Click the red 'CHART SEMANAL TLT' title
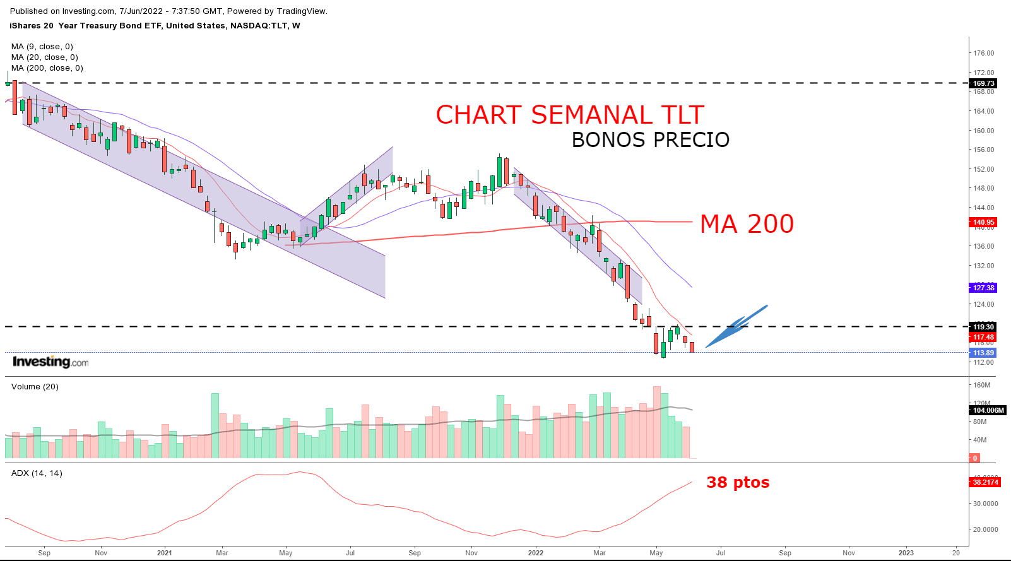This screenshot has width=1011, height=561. [569, 115]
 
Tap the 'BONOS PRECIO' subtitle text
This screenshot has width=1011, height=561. [650, 140]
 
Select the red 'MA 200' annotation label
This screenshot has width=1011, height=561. [747, 224]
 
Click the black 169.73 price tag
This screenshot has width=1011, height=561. [983, 83]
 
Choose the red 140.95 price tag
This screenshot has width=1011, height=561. [983, 222]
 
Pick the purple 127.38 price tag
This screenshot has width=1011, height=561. [983, 288]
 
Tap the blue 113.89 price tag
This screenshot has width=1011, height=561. [983, 353]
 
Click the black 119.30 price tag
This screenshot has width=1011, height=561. [983, 327]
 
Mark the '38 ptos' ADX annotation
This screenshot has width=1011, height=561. [738, 483]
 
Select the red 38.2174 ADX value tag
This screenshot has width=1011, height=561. [984, 482]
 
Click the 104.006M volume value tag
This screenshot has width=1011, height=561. [987, 410]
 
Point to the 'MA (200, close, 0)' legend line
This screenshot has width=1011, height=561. [47, 68]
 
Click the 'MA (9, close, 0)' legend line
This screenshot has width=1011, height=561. [42, 47]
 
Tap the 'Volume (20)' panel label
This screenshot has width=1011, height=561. [35, 387]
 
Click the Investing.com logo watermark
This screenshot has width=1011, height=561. [50, 362]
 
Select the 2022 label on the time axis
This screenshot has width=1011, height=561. [535, 553]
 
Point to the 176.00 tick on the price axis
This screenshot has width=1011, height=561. [983, 53]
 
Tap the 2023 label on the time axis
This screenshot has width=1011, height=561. [906, 553]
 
